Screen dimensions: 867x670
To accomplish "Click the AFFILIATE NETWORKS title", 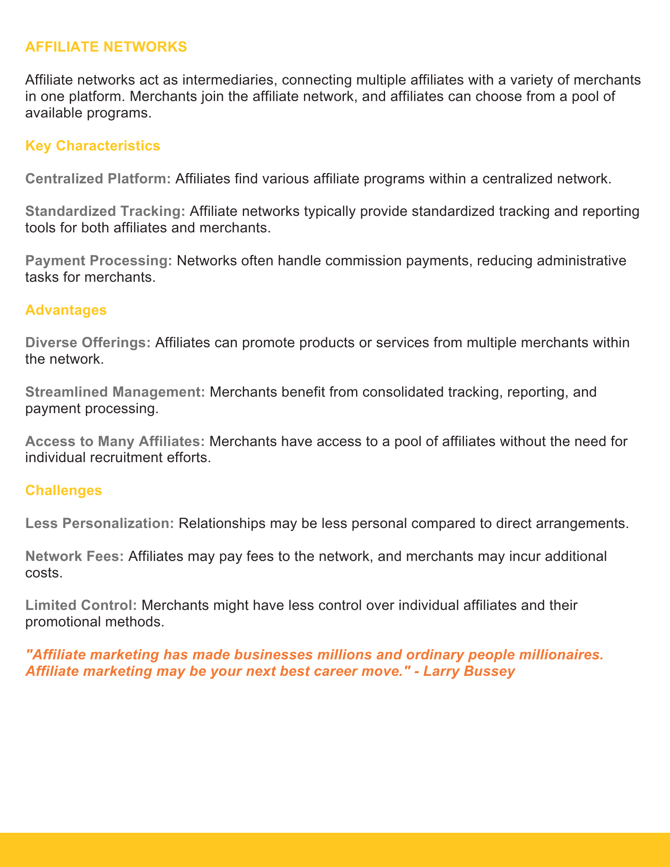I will (106, 47).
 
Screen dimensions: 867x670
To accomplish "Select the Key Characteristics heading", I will (93, 146).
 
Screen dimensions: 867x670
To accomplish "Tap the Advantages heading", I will (66, 310).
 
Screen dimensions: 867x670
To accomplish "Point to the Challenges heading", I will (64, 490).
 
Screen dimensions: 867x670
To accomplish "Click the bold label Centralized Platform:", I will (98, 179).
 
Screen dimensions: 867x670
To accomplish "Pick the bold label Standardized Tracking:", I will (105, 211).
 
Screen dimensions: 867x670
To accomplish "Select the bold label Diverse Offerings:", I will (88, 342).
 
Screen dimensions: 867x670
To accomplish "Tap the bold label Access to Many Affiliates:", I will (115, 441).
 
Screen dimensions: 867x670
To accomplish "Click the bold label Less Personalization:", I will (100, 523).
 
